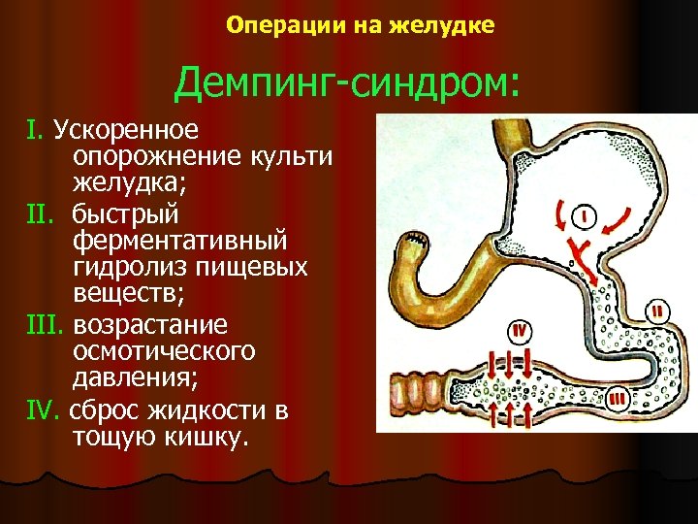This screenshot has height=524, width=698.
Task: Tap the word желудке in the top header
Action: coord(442,26)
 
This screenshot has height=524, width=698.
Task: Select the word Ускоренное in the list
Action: coord(125,129)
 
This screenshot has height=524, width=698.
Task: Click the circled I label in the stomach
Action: coord(588,214)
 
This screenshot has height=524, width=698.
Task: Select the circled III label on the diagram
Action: coord(619,397)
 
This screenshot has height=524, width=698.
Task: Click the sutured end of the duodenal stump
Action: coord(416,239)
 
